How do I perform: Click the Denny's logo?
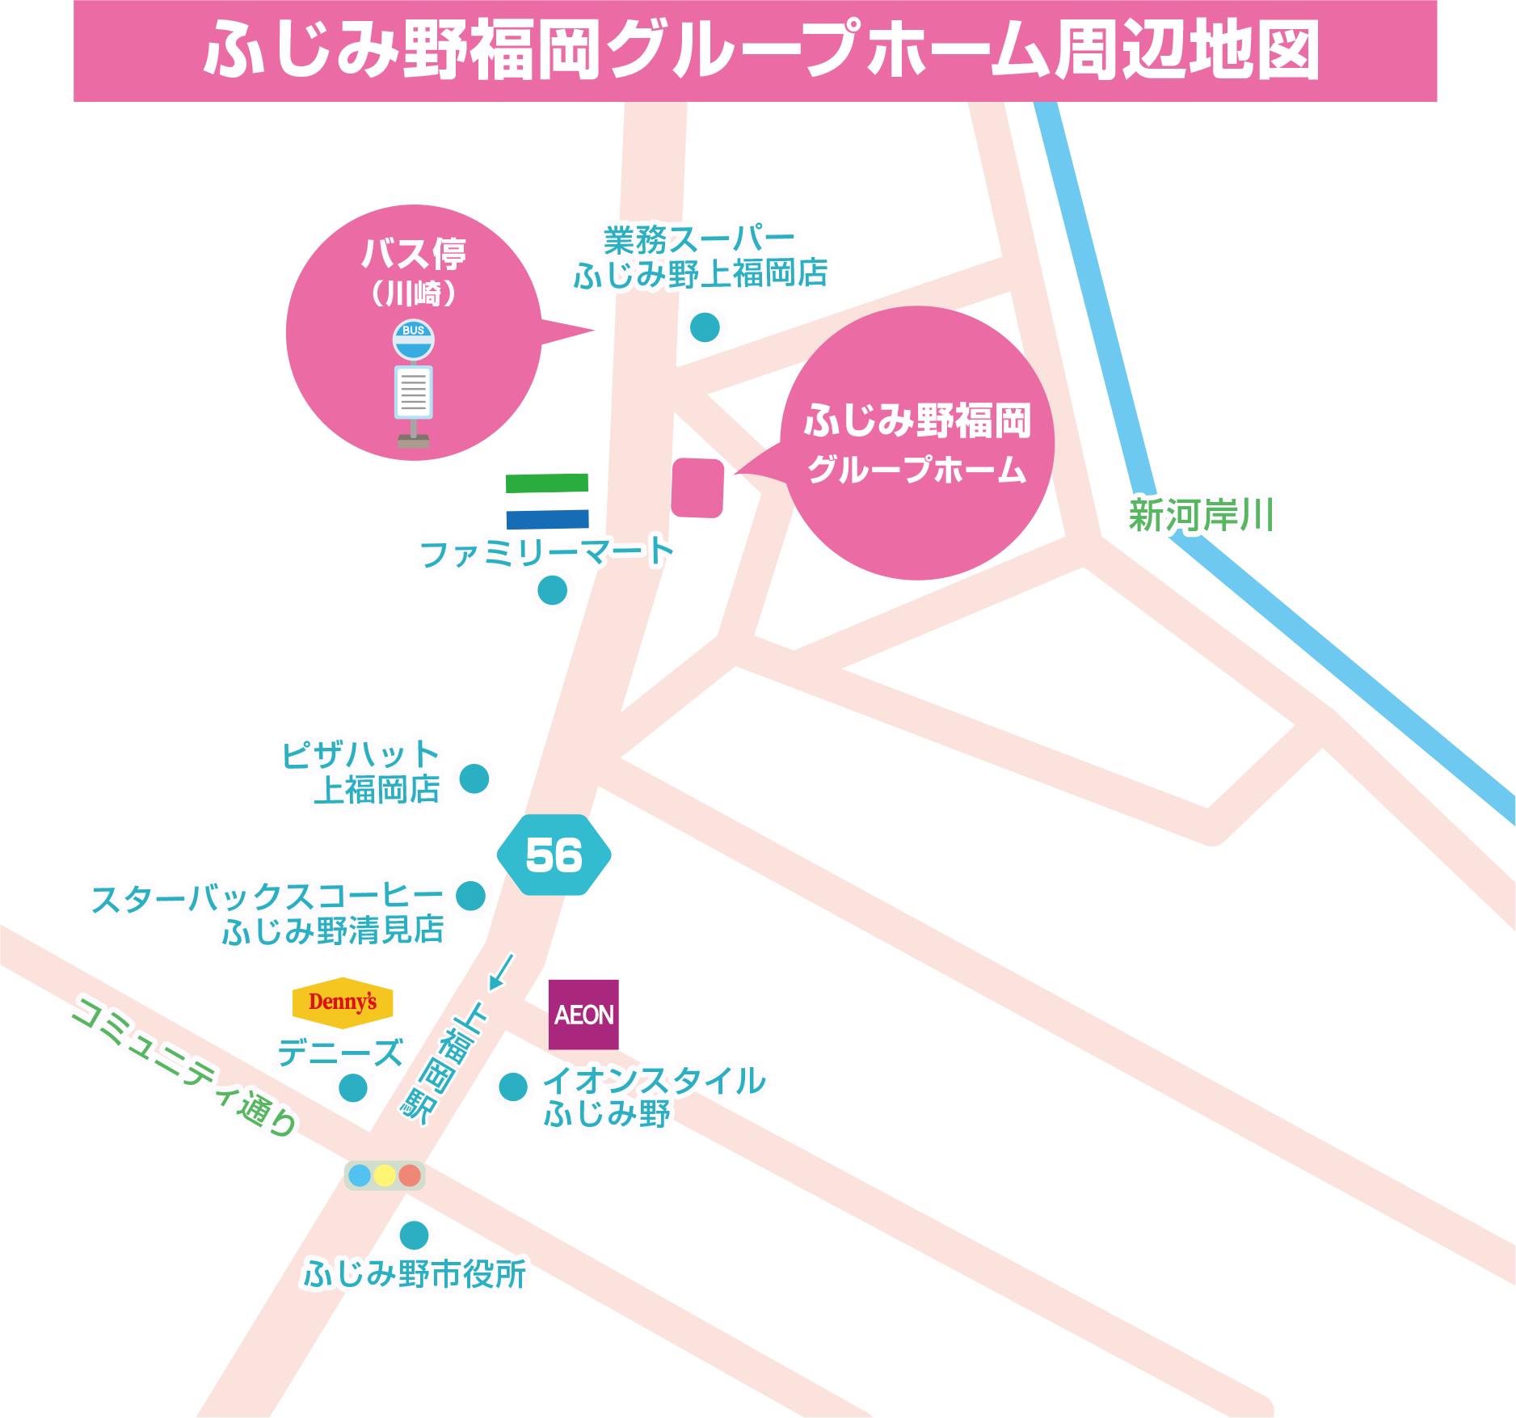pyautogui.click(x=343, y=1002)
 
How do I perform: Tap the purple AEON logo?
pyautogui.click(x=583, y=1015)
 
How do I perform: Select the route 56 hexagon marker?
pyautogui.click(x=554, y=855)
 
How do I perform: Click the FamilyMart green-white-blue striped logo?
pyautogui.click(x=547, y=501)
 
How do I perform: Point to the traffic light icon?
pyautogui.click(x=385, y=1175)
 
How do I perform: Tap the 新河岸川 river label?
pyautogui.click(x=1202, y=516)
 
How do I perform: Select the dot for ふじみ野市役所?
pyautogui.click(x=415, y=1235)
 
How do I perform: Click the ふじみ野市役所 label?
pyautogui.click(x=415, y=1275)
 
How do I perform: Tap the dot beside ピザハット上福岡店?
pyautogui.click(x=474, y=779)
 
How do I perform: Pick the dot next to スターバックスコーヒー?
pyautogui.click(x=471, y=896)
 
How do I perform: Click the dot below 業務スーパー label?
pyautogui.click(x=705, y=327)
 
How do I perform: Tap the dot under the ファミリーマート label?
pyautogui.click(x=553, y=590)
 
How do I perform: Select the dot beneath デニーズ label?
pyautogui.click(x=353, y=1087)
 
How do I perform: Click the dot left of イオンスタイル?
pyautogui.click(x=513, y=1087)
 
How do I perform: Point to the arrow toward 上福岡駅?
pyautogui.click(x=500, y=973)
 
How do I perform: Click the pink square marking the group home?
pyautogui.click(x=697, y=487)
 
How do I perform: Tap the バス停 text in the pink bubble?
pyautogui.click(x=414, y=254)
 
